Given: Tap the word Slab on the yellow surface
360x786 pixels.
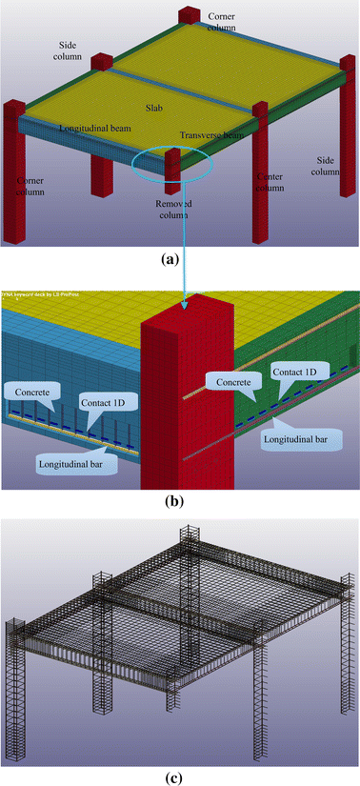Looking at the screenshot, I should (x=156, y=108).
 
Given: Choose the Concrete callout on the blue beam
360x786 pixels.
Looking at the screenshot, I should (x=31, y=391).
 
